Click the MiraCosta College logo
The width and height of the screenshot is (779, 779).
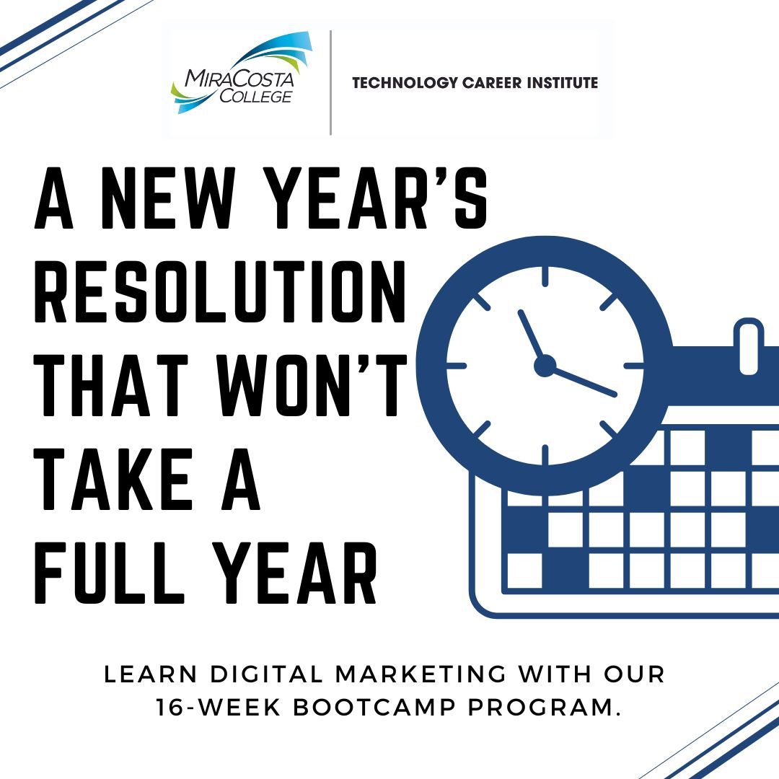coord(242,73)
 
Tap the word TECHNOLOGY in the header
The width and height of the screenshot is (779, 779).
coord(405,83)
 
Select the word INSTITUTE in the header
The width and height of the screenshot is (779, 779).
coord(562,82)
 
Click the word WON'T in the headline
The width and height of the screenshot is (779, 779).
coord(312,385)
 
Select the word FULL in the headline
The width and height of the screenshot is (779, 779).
coord(110,573)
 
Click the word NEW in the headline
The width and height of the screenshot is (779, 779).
coord(168,198)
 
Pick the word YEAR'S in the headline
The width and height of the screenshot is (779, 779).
coord(375,198)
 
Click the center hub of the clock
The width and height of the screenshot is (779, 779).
coord(545,366)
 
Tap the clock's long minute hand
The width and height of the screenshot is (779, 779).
coord(581,381)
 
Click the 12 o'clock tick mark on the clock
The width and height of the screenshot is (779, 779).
coord(545,276)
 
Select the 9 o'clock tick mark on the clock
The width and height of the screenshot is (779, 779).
coord(456,366)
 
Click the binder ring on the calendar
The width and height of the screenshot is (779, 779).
coord(749,346)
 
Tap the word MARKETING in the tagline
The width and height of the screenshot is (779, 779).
coord(421,674)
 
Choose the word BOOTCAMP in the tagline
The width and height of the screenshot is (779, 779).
coord(374,707)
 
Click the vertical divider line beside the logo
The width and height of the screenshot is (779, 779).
coord(330,82)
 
